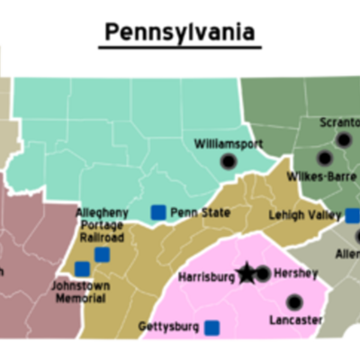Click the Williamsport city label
click(229, 142)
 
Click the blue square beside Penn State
click(158, 212)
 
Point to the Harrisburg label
click(206, 277)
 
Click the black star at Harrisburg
click(246, 273)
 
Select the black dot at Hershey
click(263, 274)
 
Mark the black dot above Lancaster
click(294, 301)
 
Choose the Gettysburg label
click(168, 326)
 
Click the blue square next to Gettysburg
click(212, 327)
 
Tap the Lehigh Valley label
click(305, 215)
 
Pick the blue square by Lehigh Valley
click(352, 216)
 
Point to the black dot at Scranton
click(343, 139)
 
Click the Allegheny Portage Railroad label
click(102, 225)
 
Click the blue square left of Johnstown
click(82, 268)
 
